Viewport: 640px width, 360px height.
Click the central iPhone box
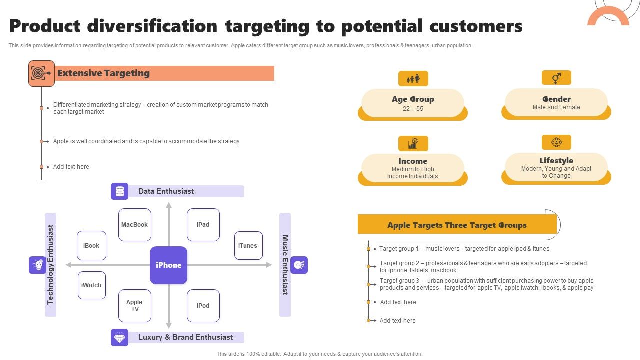click(168, 265)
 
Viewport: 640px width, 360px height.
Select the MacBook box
click(135, 225)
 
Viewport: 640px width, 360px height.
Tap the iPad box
click(203, 225)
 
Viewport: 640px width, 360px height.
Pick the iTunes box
click(248, 245)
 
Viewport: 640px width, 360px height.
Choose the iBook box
click(91, 245)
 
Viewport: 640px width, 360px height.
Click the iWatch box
click(91, 285)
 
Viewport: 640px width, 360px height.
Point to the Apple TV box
click(135, 306)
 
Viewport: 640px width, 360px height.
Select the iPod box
click(203, 306)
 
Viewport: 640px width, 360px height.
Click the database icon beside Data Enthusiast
click(119, 191)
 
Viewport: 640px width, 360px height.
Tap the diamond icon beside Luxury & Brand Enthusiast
click(119, 337)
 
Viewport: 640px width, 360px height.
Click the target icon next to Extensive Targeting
click(41, 73)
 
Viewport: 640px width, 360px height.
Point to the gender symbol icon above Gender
click(556, 78)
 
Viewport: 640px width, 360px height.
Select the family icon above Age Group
click(413, 78)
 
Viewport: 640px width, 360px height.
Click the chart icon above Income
click(413, 143)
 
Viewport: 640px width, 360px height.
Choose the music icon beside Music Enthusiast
click(299, 265)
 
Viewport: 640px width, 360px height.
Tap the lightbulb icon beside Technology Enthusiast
click(37, 265)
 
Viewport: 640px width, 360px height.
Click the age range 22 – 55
click(413, 109)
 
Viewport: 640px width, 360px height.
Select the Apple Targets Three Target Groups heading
click(457, 225)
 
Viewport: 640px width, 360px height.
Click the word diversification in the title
click(152, 26)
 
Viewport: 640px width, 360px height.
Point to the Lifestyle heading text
click(556, 161)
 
